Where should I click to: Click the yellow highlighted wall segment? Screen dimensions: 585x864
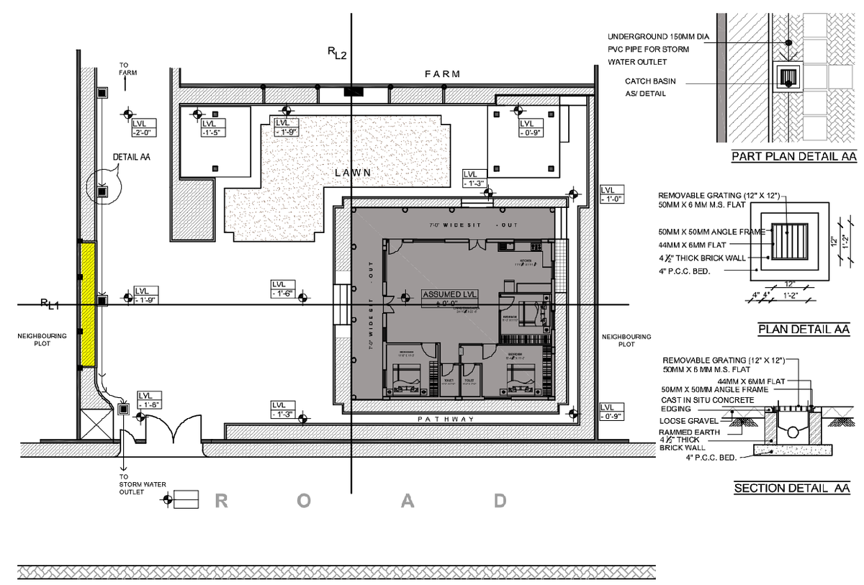point(88,304)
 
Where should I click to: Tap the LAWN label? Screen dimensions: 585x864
point(353,173)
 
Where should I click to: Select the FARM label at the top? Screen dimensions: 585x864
point(442,74)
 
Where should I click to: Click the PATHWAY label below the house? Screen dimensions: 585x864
point(446,419)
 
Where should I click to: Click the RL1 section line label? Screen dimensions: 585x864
point(50,304)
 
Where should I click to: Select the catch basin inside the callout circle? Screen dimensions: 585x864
point(102,191)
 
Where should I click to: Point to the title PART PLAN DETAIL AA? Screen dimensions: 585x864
point(792,156)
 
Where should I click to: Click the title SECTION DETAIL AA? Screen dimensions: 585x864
point(792,489)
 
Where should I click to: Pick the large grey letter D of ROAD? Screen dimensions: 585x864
point(500,502)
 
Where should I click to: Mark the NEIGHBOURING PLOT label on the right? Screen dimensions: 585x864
point(626,340)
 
